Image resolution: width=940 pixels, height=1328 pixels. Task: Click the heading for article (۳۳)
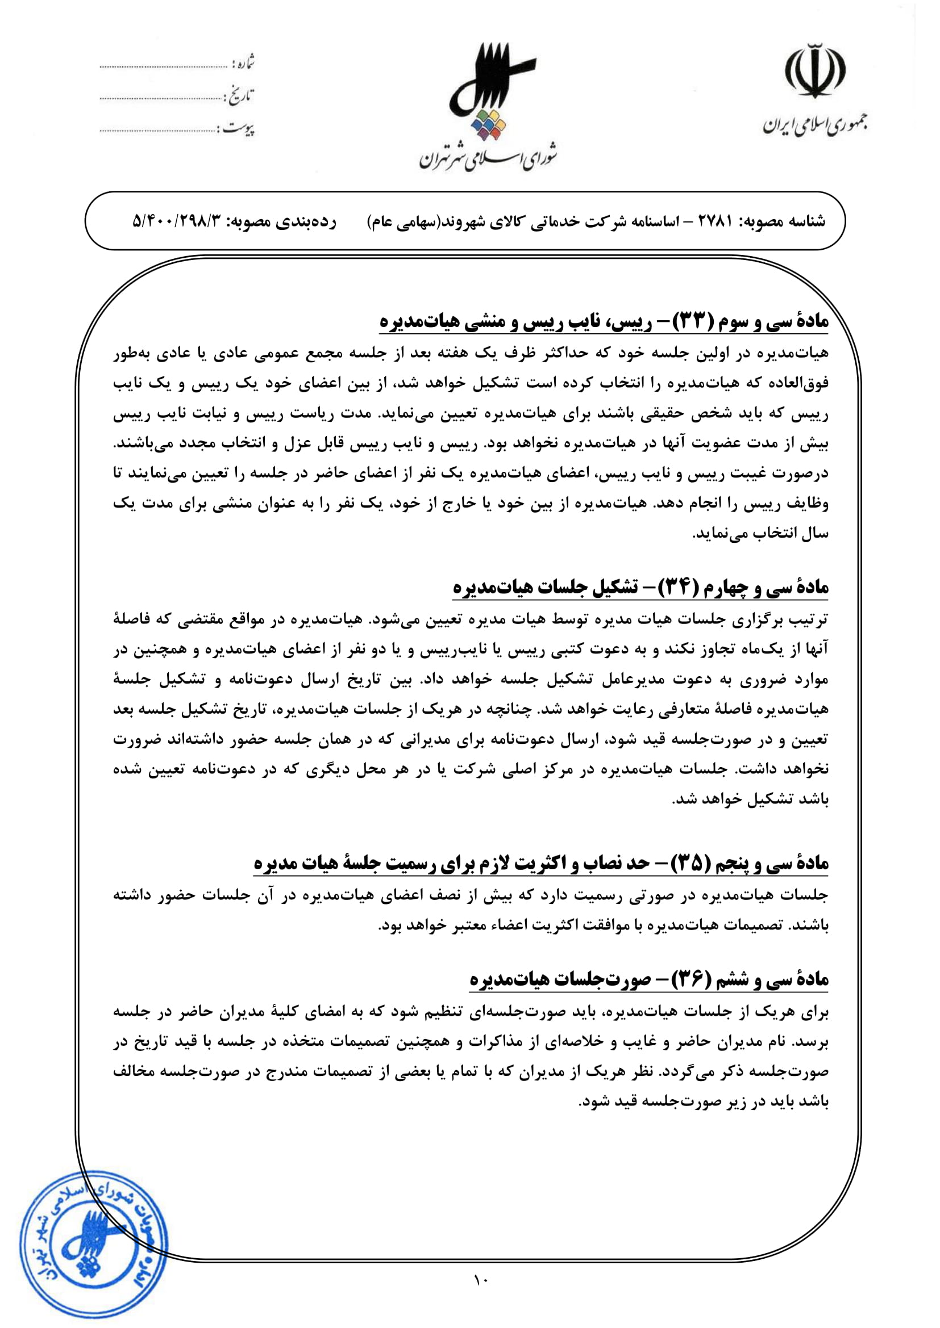604,322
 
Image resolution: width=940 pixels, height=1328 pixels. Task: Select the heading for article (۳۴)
640,588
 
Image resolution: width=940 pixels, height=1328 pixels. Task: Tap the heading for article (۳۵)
540,864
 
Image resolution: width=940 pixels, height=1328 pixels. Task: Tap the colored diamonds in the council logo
489,125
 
